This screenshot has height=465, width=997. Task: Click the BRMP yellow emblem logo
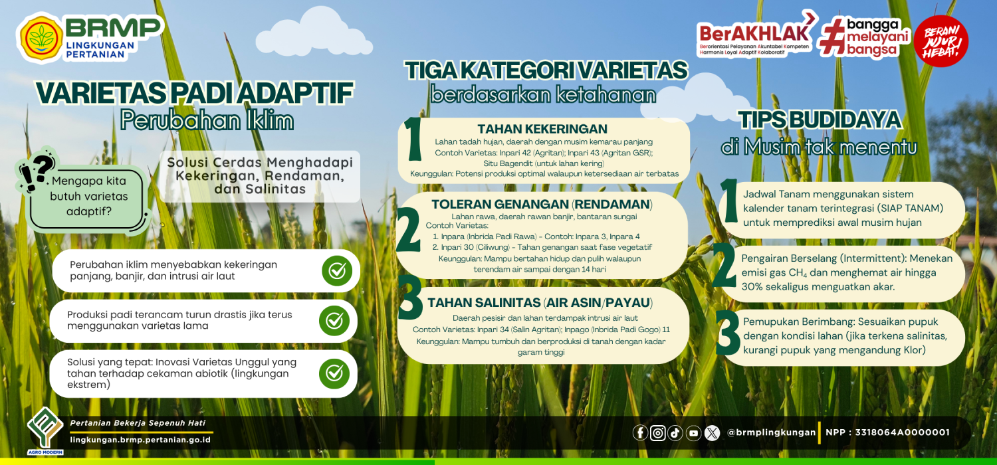[x=41, y=38]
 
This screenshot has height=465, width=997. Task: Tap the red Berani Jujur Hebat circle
[x=941, y=41]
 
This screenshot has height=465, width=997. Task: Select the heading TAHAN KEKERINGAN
[x=542, y=129]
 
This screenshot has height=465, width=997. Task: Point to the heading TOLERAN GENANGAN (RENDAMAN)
[x=542, y=204]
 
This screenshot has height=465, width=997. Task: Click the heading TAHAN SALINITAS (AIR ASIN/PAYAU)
[x=540, y=303]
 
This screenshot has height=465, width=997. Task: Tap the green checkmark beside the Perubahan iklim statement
[x=337, y=270]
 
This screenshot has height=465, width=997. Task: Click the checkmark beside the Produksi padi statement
[x=334, y=320]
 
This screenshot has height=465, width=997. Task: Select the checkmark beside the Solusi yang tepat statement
[x=334, y=373]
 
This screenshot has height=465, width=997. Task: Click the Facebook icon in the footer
[x=640, y=432]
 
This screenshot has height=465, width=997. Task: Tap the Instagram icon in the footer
[x=658, y=432]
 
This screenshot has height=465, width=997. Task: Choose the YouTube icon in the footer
[x=693, y=432]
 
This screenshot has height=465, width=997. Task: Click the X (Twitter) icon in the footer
[x=712, y=432]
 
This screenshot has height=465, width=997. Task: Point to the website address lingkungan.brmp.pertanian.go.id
[x=140, y=440]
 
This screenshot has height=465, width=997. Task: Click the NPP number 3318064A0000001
[x=902, y=432]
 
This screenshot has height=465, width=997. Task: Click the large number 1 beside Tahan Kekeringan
[x=414, y=138]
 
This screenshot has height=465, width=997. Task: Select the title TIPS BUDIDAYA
[x=820, y=120]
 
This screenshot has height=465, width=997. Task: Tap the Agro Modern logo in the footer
[x=45, y=430]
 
